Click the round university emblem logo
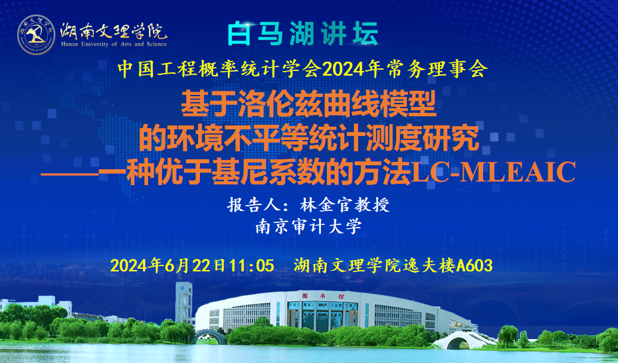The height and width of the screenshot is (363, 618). tap(36, 35)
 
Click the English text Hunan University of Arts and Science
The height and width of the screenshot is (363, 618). tap(114, 44)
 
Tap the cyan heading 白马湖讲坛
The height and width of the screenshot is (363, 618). tap(303, 33)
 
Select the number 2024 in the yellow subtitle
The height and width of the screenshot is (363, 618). tap(342, 70)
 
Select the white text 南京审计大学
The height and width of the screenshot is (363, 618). tap(308, 226)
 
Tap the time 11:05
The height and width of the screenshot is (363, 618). tap(251, 265)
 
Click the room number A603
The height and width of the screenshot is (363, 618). tap(474, 265)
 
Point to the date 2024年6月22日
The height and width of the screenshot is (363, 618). tap(168, 265)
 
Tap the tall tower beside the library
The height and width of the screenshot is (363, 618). tap(183, 303)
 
